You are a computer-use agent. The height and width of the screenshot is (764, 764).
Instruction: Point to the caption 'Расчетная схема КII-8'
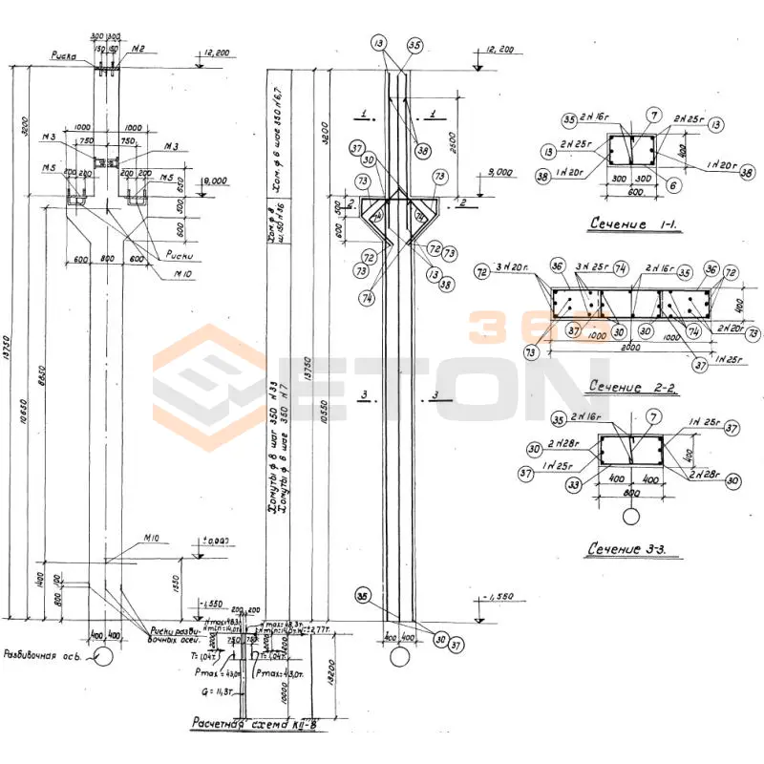260,723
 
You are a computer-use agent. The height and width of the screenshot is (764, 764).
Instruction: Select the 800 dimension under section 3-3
631,495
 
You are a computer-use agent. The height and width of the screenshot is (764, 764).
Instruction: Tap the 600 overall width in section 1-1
631,189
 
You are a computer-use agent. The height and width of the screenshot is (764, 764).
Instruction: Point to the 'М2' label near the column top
139,50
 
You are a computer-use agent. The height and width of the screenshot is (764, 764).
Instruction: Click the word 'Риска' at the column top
65,56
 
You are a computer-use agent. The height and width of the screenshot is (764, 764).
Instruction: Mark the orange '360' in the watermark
511,328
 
